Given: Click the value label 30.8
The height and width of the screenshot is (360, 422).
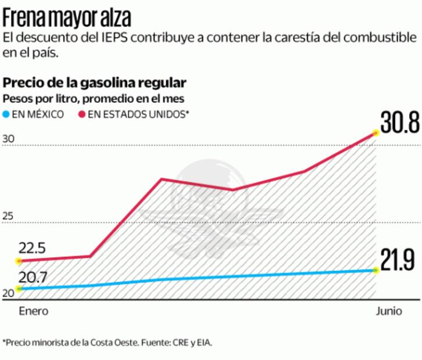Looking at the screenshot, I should coord(399,123).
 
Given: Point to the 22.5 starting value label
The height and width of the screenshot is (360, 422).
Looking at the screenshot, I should coord(32,249).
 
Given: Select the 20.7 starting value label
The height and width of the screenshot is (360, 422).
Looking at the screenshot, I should coord(33,276).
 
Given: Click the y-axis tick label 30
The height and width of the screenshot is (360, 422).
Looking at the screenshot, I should coord(8,139).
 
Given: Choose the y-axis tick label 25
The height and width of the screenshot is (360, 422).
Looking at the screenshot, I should coord(8,217).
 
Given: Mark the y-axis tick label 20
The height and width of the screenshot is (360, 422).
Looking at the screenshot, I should coord(8,294).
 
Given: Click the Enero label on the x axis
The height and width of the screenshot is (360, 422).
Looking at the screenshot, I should coord(34,311).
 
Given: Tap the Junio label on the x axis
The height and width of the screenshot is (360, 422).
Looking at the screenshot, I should coord(388,311).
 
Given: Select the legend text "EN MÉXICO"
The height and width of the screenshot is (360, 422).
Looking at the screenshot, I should coord(38,115).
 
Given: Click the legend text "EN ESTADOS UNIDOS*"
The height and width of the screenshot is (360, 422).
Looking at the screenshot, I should coord(138,115).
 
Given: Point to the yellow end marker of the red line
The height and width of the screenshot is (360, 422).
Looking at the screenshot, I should coord(376,133).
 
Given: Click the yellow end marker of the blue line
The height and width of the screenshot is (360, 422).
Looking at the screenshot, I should coord(376,271).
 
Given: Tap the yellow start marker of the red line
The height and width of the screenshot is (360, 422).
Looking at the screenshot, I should coord(19,261).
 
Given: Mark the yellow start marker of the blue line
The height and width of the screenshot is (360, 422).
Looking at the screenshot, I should coord(19,289).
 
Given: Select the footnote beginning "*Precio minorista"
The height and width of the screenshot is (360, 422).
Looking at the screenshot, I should coord(108,343).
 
